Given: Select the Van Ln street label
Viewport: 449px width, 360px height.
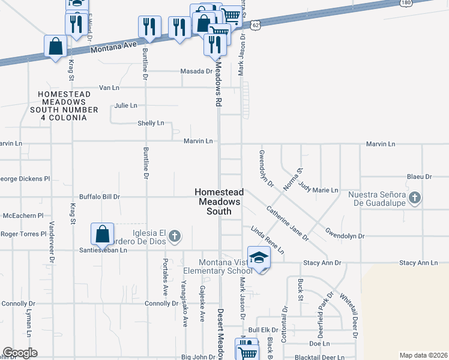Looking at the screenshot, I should (109, 88).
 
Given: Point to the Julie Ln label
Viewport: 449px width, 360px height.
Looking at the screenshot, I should (125, 106).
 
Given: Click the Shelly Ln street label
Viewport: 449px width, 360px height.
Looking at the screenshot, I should (151, 124).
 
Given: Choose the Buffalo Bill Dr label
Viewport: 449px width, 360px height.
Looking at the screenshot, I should (100, 197).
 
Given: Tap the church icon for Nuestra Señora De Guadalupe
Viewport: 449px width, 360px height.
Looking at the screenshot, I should (414, 197).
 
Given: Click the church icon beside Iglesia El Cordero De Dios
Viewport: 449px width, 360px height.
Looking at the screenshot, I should (174, 235).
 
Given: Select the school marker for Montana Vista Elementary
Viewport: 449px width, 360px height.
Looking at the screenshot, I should (259, 257).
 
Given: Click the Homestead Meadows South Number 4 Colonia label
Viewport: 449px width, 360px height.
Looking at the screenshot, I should (68, 102).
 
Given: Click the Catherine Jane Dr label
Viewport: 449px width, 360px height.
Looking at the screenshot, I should (288, 223).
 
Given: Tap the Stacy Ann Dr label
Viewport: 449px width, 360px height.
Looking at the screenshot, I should (322, 263).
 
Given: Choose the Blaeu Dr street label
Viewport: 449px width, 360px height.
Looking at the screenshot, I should (419, 177).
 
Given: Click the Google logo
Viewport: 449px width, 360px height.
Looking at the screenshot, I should (20, 353).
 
